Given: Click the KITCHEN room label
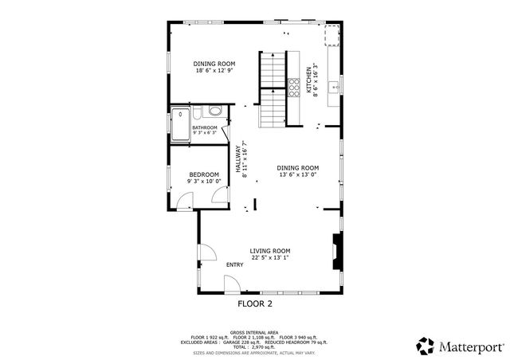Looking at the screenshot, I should pos(309,80).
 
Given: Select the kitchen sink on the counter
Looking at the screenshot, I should pos(335,85).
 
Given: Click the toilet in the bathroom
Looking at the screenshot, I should pos(214,113).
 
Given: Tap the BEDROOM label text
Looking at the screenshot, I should pos(204,174).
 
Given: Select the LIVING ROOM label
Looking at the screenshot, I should pos(269,250).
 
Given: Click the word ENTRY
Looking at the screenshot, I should pos(235,265).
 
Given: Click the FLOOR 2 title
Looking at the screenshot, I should pos(255,303).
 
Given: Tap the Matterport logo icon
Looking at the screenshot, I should pos(426,346).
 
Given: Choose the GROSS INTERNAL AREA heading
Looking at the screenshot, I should pos(253,332).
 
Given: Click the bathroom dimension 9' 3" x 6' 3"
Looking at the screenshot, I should pos(204,133).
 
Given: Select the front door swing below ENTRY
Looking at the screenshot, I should pos(232,284).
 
